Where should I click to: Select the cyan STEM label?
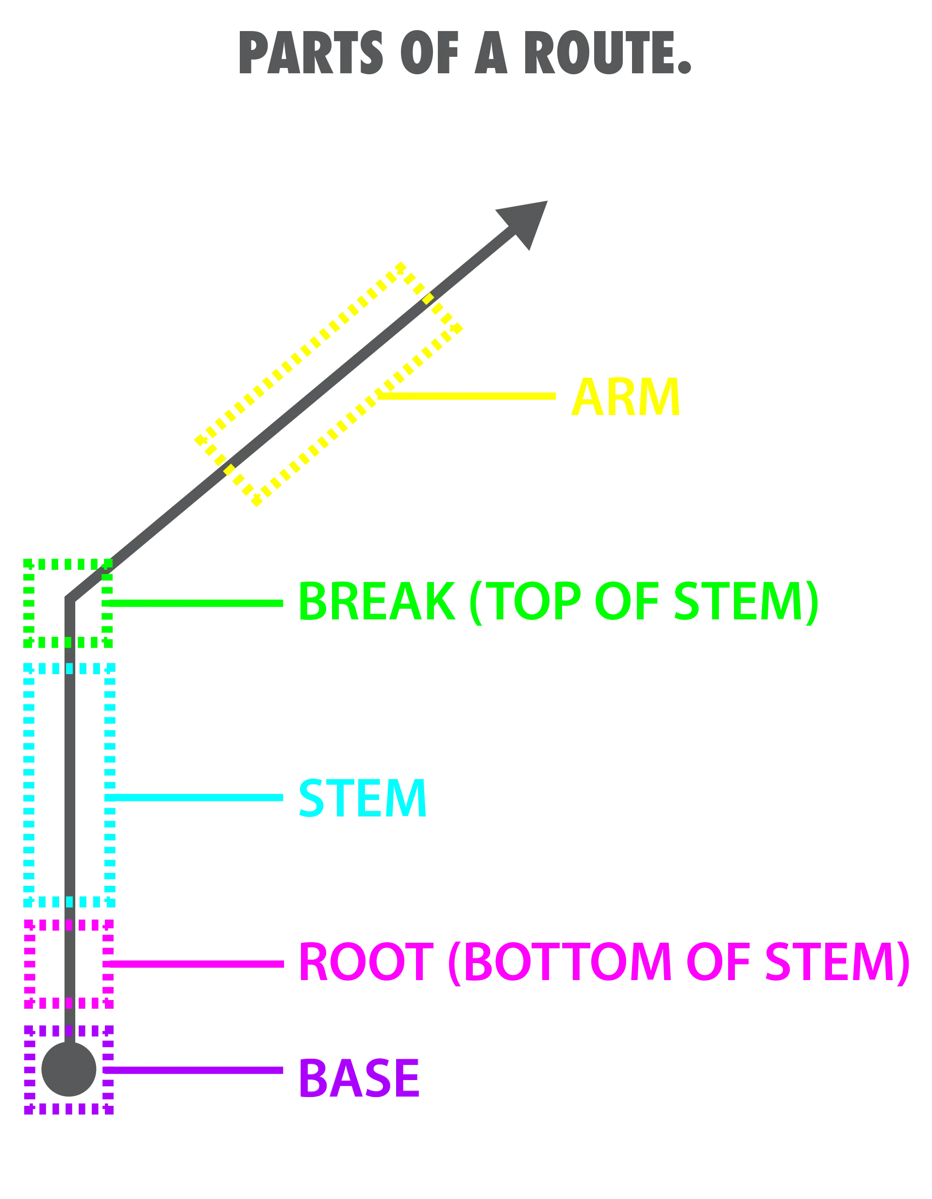pyautogui.click(x=362, y=798)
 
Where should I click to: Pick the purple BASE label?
pyautogui.click(x=359, y=1077)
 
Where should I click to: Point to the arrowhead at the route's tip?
pyautogui.click(x=524, y=222)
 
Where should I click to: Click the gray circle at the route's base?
pyautogui.click(x=68, y=1068)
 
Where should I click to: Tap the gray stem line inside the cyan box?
pyautogui.click(x=68, y=785)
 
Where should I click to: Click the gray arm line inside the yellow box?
pyautogui.click(x=329, y=384)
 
